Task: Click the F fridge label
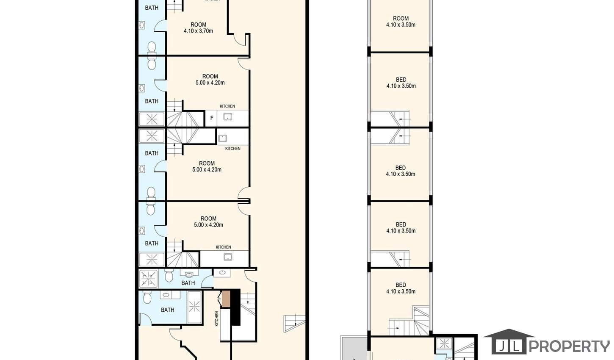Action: pos(212,118)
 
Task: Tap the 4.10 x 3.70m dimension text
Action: pos(198,31)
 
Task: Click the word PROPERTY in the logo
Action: pos(570,346)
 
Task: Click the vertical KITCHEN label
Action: pos(216,318)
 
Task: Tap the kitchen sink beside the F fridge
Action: pos(227,117)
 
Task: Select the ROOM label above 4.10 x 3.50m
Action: pos(401,18)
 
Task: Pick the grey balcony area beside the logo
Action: pos(354,348)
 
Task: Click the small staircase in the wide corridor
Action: pos(294,323)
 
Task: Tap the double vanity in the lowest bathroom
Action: pos(170,295)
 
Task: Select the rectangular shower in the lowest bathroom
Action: pos(194,307)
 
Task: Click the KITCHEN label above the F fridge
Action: pos(227,106)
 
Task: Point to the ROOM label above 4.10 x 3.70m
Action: pos(199,25)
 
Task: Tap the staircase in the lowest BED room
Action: pos(409,321)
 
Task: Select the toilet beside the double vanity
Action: pos(147,297)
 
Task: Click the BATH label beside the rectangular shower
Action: pos(168,310)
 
